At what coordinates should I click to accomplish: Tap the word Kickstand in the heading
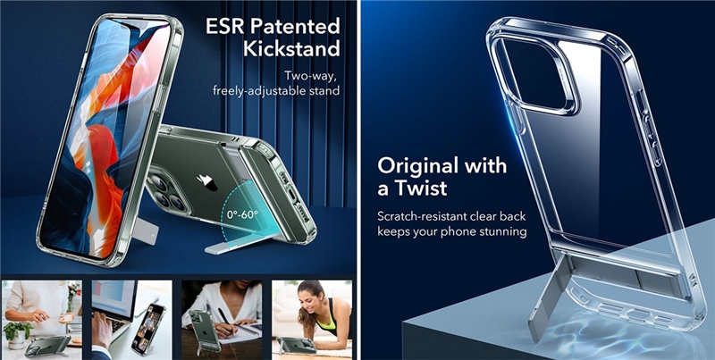pyautogui.click(x=292, y=49)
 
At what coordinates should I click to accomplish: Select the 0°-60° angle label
pyautogui.click(x=242, y=214)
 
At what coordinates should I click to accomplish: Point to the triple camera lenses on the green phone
pyautogui.click(x=166, y=191)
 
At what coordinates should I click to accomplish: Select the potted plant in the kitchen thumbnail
pyautogui.click(x=17, y=334)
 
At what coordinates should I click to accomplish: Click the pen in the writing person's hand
pyautogui.click(x=224, y=316)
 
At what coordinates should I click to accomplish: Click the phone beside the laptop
pyautogui.click(x=148, y=329)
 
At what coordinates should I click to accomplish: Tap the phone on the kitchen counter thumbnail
pyautogui.click(x=48, y=345)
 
